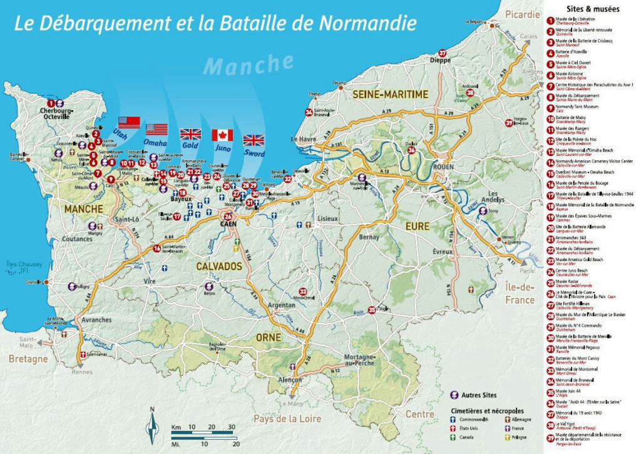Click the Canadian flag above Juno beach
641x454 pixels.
tap(222, 135)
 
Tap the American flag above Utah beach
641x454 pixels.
tap(129, 121)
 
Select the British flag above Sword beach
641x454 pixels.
tap(254, 140)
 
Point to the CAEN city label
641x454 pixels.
tap(227, 223)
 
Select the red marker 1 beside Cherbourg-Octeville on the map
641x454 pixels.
tap(51, 103)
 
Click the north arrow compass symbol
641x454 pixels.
tap(151, 428)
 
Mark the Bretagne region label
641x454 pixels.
tap(28, 359)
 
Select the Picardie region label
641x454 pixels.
tap(523, 14)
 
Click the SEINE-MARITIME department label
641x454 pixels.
tap(391, 94)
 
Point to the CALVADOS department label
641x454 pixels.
tap(219, 266)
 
